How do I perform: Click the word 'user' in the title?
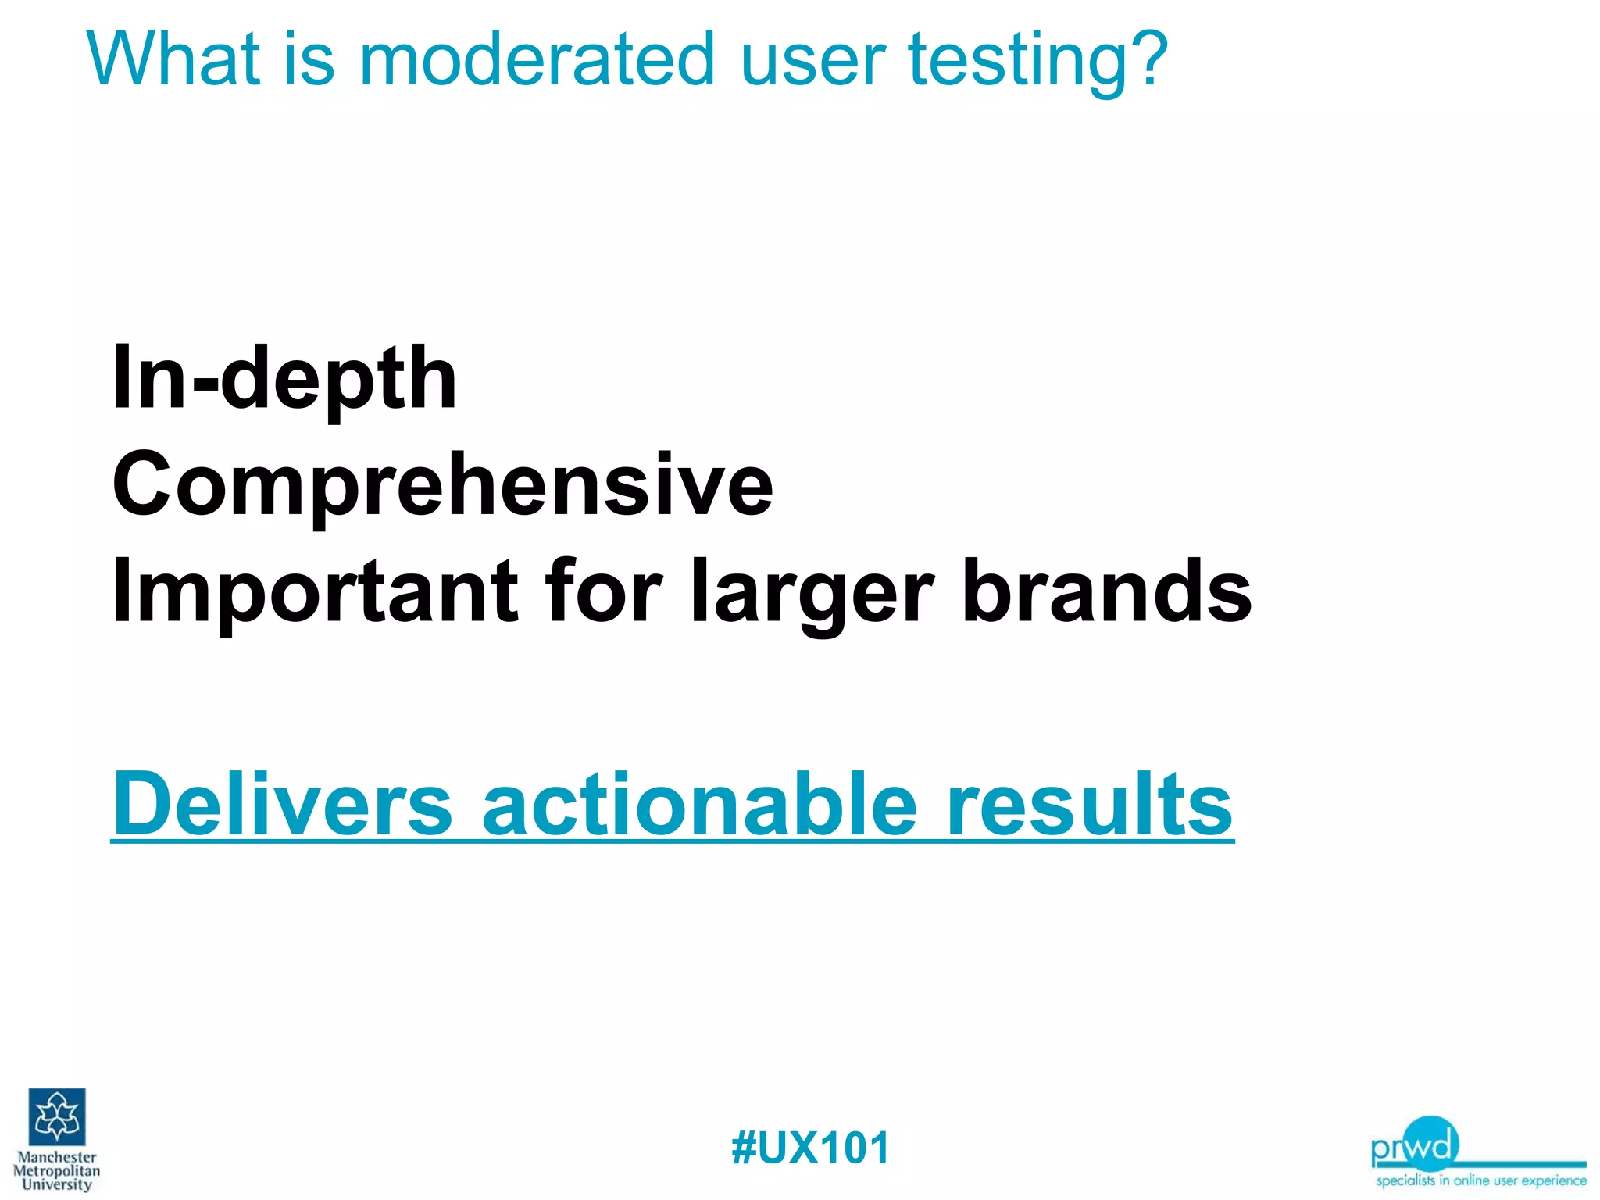(812, 61)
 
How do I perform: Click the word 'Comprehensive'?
(442, 486)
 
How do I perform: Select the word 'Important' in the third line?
(315, 591)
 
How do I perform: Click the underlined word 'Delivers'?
(283, 803)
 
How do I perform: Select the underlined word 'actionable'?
(699, 803)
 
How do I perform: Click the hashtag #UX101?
(810, 1148)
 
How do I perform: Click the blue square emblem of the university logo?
(57, 1116)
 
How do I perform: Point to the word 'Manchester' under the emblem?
(57, 1157)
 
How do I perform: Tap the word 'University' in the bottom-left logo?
(57, 1184)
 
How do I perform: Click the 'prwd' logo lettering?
(1414, 1145)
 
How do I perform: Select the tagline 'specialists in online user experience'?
(1481, 1180)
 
